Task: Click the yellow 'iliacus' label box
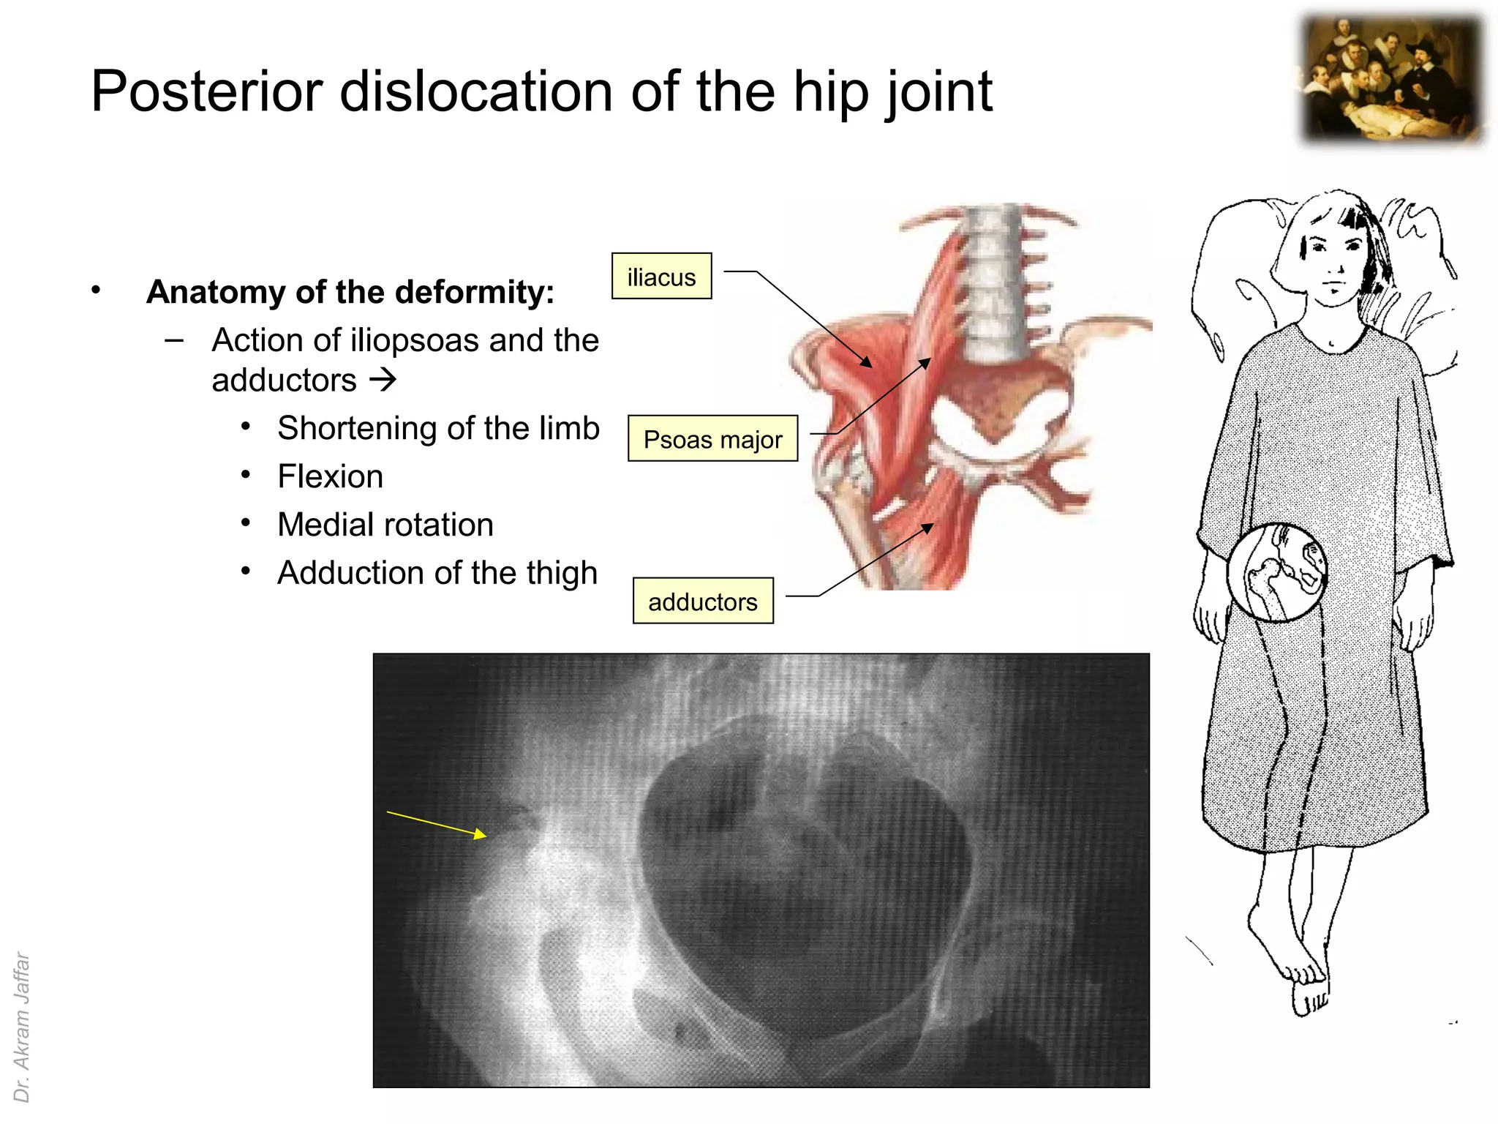pos(661,277)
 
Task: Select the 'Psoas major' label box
pos(712,439)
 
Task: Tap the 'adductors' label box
pos(702,602)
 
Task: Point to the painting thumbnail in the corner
pos(1393,80)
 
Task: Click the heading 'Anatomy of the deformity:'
pos(350,292)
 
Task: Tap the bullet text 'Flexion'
pos(330,476)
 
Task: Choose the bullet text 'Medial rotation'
pos(385,525)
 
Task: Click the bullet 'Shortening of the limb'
pos(438,428)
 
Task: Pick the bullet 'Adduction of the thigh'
pos(437,573)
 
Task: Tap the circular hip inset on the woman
pos(1276,572)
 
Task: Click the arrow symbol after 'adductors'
pos(383,380)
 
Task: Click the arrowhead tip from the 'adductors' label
pos(932,525)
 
